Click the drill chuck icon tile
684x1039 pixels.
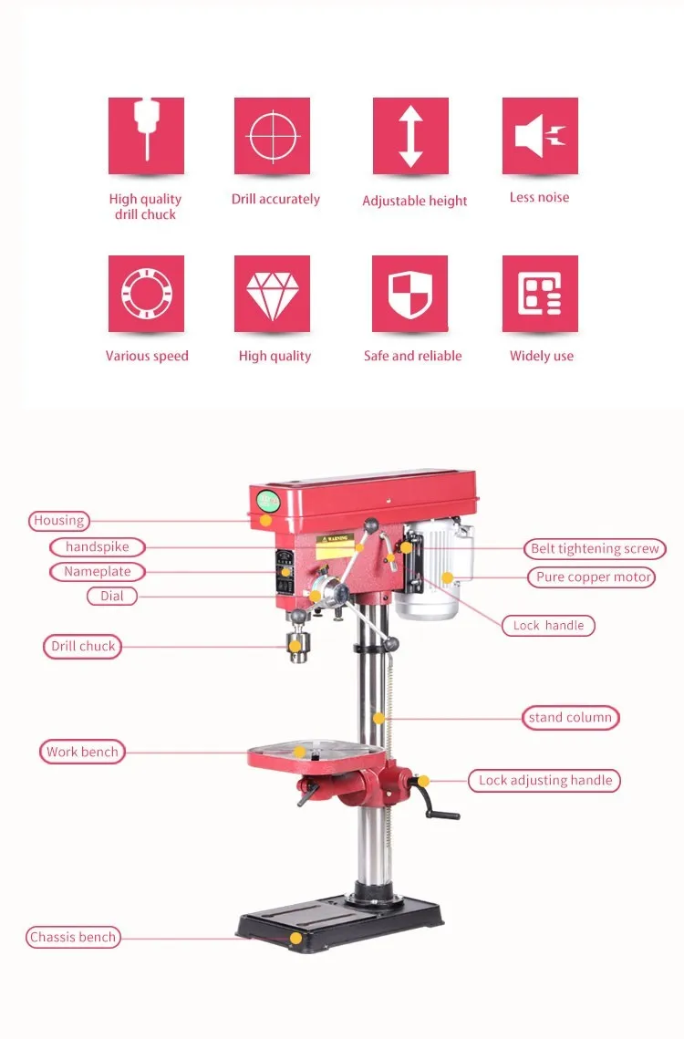146,136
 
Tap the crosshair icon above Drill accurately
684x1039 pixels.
272,136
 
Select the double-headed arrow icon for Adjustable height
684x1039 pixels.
410,136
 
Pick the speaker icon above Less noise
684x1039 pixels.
540,136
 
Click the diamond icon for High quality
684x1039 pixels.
272,294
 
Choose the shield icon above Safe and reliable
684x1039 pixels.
409,294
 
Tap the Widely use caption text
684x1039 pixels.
542,356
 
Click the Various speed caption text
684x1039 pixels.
147,356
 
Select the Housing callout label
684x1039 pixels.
59,521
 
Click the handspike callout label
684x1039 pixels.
98,547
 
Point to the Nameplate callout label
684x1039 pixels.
98,572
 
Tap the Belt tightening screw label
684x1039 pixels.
595,548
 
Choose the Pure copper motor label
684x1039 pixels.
592,577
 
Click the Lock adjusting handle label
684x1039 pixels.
544,781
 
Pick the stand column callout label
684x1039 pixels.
571,718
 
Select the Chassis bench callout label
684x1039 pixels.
73,938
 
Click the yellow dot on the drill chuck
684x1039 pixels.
295,647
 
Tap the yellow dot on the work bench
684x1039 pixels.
299,752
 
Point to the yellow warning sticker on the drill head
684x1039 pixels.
335,547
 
